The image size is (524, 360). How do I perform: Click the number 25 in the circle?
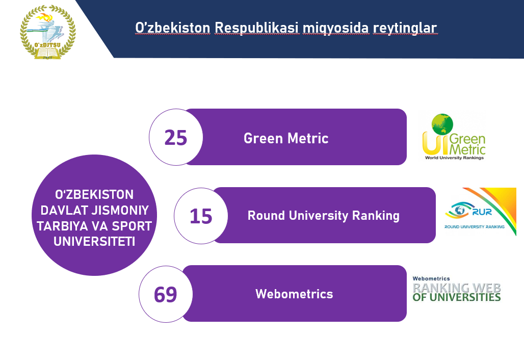coord(176,138)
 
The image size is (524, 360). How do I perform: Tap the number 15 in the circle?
coord(201,216)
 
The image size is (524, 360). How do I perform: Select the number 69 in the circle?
coord(166,295)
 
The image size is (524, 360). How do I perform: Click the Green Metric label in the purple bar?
coord(286,138)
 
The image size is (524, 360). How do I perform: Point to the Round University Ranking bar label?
coord(324,216)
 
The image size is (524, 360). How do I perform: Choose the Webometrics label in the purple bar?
coord(295,294)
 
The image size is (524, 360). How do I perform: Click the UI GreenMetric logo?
coord(454,137)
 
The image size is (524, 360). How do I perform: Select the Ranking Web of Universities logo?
coord(457,289)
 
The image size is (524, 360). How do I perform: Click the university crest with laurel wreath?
coord(48,32)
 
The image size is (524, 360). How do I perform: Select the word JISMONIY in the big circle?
coord(120,210)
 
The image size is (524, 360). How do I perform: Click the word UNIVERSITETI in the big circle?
coord(94,241)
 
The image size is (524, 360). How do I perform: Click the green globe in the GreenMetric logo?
coord(442,124)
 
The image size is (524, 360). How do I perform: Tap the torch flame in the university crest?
coord(44,17)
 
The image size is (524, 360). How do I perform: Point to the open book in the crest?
coord(48,53)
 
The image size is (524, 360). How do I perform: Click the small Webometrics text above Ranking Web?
coord(431,278)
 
